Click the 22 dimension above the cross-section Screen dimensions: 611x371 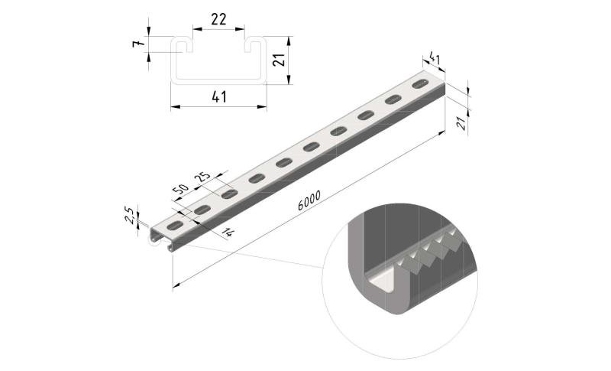[x=218, y=19]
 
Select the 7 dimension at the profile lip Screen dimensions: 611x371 [x=136, y=44]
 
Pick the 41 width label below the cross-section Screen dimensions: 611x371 [x=219, y=96]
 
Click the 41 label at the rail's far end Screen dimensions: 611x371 [x=434, y=58]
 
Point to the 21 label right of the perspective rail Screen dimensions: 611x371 [x=462, y=123]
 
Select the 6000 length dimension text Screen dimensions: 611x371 [x=309, y=200]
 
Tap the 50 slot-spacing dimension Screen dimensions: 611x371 [x=180, y=190]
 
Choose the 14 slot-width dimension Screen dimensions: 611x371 [x=228, y=233]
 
